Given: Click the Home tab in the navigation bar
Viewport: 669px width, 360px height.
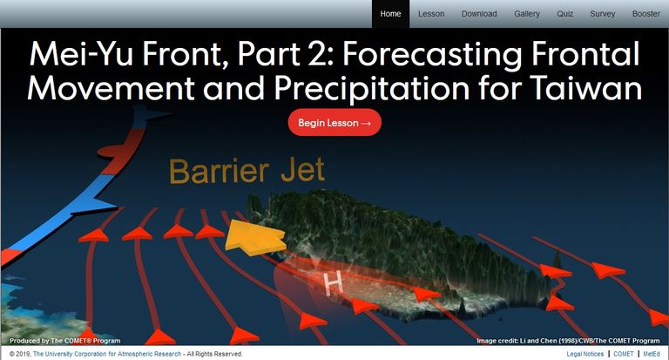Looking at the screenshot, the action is pyautogui.click(x=390, y=14).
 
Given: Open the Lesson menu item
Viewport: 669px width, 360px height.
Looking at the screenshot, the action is pyautogui.click(x=431, y=14).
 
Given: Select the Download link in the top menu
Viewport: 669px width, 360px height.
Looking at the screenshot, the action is pyautogui.click(x=479, y=14).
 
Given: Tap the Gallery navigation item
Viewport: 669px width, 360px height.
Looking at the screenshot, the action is pyautogui.click(x=526, y=14).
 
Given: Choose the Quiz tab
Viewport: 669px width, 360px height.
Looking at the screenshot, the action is pyautogui.click(x=564, y=14).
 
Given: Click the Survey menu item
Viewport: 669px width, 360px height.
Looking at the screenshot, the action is pyautogui.click(x=603, y=14).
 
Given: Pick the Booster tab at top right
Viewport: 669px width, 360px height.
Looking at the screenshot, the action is pyautogui.click(x=646, y=14).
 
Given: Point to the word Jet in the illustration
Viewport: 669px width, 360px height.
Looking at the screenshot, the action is pyautogui.click(x=302, y=170).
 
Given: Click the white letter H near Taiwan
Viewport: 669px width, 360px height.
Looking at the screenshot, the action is pyautogui.click(x=334, y=283).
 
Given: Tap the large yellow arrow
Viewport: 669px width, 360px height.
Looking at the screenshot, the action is pyautogui.click(x=254, y=237).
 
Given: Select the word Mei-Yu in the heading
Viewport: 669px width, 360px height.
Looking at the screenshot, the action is pyautogui.click(x=81, y=55).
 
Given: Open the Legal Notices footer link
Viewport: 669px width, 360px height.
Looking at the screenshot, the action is pyautogui.click(x=585, y=354).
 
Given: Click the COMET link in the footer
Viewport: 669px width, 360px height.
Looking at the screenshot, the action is pyautogui.click(x=624, y=354).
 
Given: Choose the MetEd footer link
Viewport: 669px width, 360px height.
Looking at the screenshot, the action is pyautogui.click(x=652, y=354).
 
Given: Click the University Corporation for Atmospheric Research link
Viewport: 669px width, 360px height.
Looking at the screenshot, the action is pyautogui.click(x=107, y=354).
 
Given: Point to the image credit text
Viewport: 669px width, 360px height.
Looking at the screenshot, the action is pyautogui.click(x=568, y=341).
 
